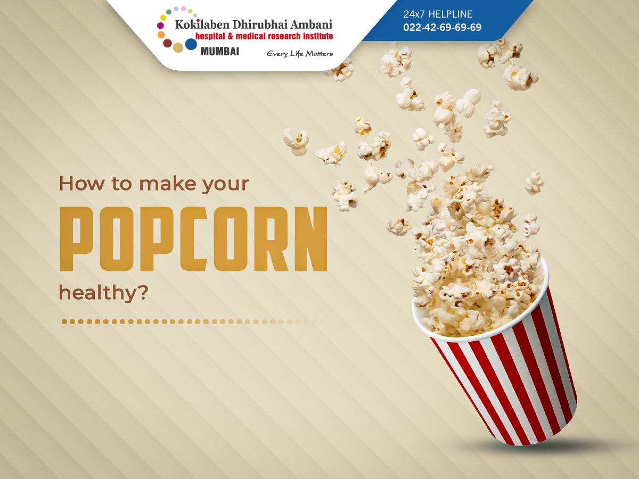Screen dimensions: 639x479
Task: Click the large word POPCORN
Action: [193, 239]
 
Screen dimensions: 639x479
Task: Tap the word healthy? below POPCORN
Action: [104, 293]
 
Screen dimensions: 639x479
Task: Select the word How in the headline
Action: [82, 184]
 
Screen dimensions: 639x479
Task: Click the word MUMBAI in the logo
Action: [220, 52]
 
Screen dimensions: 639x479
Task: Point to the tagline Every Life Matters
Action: [300, 54]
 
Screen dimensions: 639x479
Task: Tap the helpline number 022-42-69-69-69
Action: [442, 27]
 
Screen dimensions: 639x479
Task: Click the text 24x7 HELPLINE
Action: [438, 14]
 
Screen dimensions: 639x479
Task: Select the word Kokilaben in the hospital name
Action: [202, 24]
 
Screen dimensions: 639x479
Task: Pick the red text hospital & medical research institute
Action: [264, 36]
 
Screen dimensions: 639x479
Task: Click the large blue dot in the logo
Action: [191, 44]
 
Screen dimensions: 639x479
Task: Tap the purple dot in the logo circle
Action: [160, 26]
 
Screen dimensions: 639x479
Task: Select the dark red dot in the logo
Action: [167, 43]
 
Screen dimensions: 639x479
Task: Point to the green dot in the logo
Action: [169, 12]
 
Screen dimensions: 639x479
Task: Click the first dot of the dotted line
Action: [64, 321]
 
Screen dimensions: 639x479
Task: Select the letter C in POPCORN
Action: [194, 239]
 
